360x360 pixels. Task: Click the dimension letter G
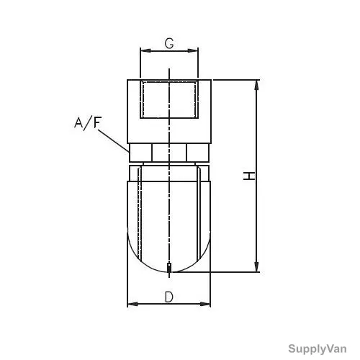pos(169,43)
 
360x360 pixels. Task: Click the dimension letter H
pos(249,176)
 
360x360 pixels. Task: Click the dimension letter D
pos(169,297)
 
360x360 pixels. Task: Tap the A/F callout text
pos(88,123)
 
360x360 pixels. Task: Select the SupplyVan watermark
pos(318,348)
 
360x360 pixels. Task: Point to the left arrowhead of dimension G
pos(145,50)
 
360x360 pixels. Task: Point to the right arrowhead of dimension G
pos(193,50)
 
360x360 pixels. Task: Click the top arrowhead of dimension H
pos(256,85)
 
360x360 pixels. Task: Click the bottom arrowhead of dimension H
pos(256,267)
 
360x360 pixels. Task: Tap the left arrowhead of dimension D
pos(132,304)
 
